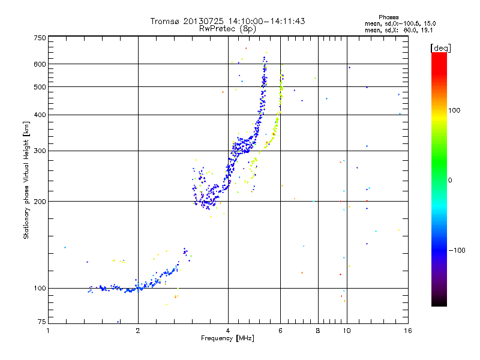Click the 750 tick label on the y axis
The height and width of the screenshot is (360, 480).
point(40,38)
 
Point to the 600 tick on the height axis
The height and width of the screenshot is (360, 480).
point(40,64)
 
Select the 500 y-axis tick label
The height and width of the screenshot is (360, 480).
point(40,86)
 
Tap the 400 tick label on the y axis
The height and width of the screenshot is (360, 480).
point(40,115)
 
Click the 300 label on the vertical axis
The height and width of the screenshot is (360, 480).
point(40,151)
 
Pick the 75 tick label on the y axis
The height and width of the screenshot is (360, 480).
point(41,322)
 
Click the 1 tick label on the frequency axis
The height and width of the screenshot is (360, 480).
point(48,330)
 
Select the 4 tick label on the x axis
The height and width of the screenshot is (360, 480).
point(228,330)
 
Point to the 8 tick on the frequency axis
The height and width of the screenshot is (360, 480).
point(318,330)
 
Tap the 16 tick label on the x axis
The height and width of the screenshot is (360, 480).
point(407,330)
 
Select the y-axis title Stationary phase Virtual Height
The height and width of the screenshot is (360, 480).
point(26,180)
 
